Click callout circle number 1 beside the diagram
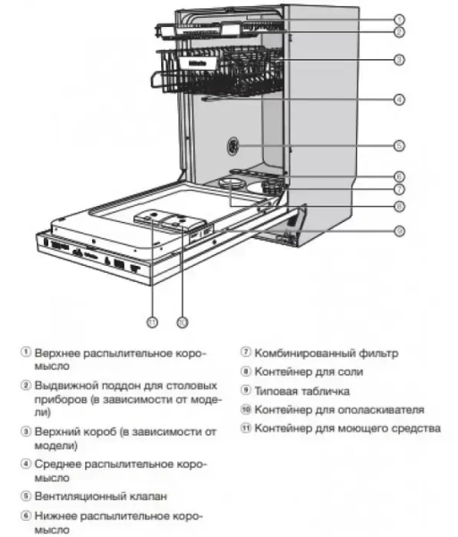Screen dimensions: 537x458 (399, 18)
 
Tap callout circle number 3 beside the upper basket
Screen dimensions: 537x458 (399, 59)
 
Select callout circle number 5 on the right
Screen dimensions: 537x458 (399, 144)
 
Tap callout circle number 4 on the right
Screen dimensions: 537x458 (399, 99)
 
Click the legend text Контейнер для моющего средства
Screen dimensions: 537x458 (347, 429)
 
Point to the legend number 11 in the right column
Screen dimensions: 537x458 (246, 429)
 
